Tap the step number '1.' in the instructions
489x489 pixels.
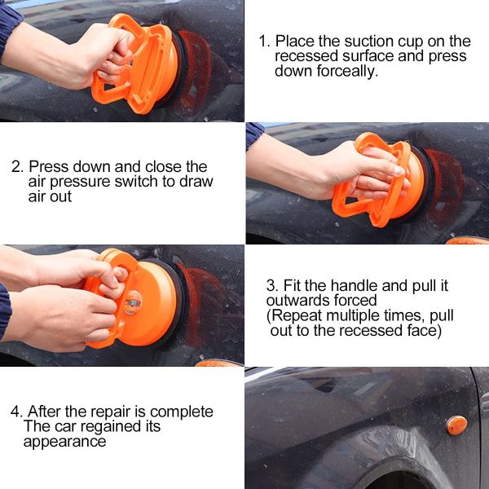click(264, 41)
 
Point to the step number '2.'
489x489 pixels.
click(17, 166)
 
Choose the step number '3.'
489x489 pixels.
click(272, 286)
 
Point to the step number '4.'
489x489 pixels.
click(16, 412)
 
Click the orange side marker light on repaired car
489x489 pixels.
click(456, 425)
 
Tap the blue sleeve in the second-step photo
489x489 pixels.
click(253, 134)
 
